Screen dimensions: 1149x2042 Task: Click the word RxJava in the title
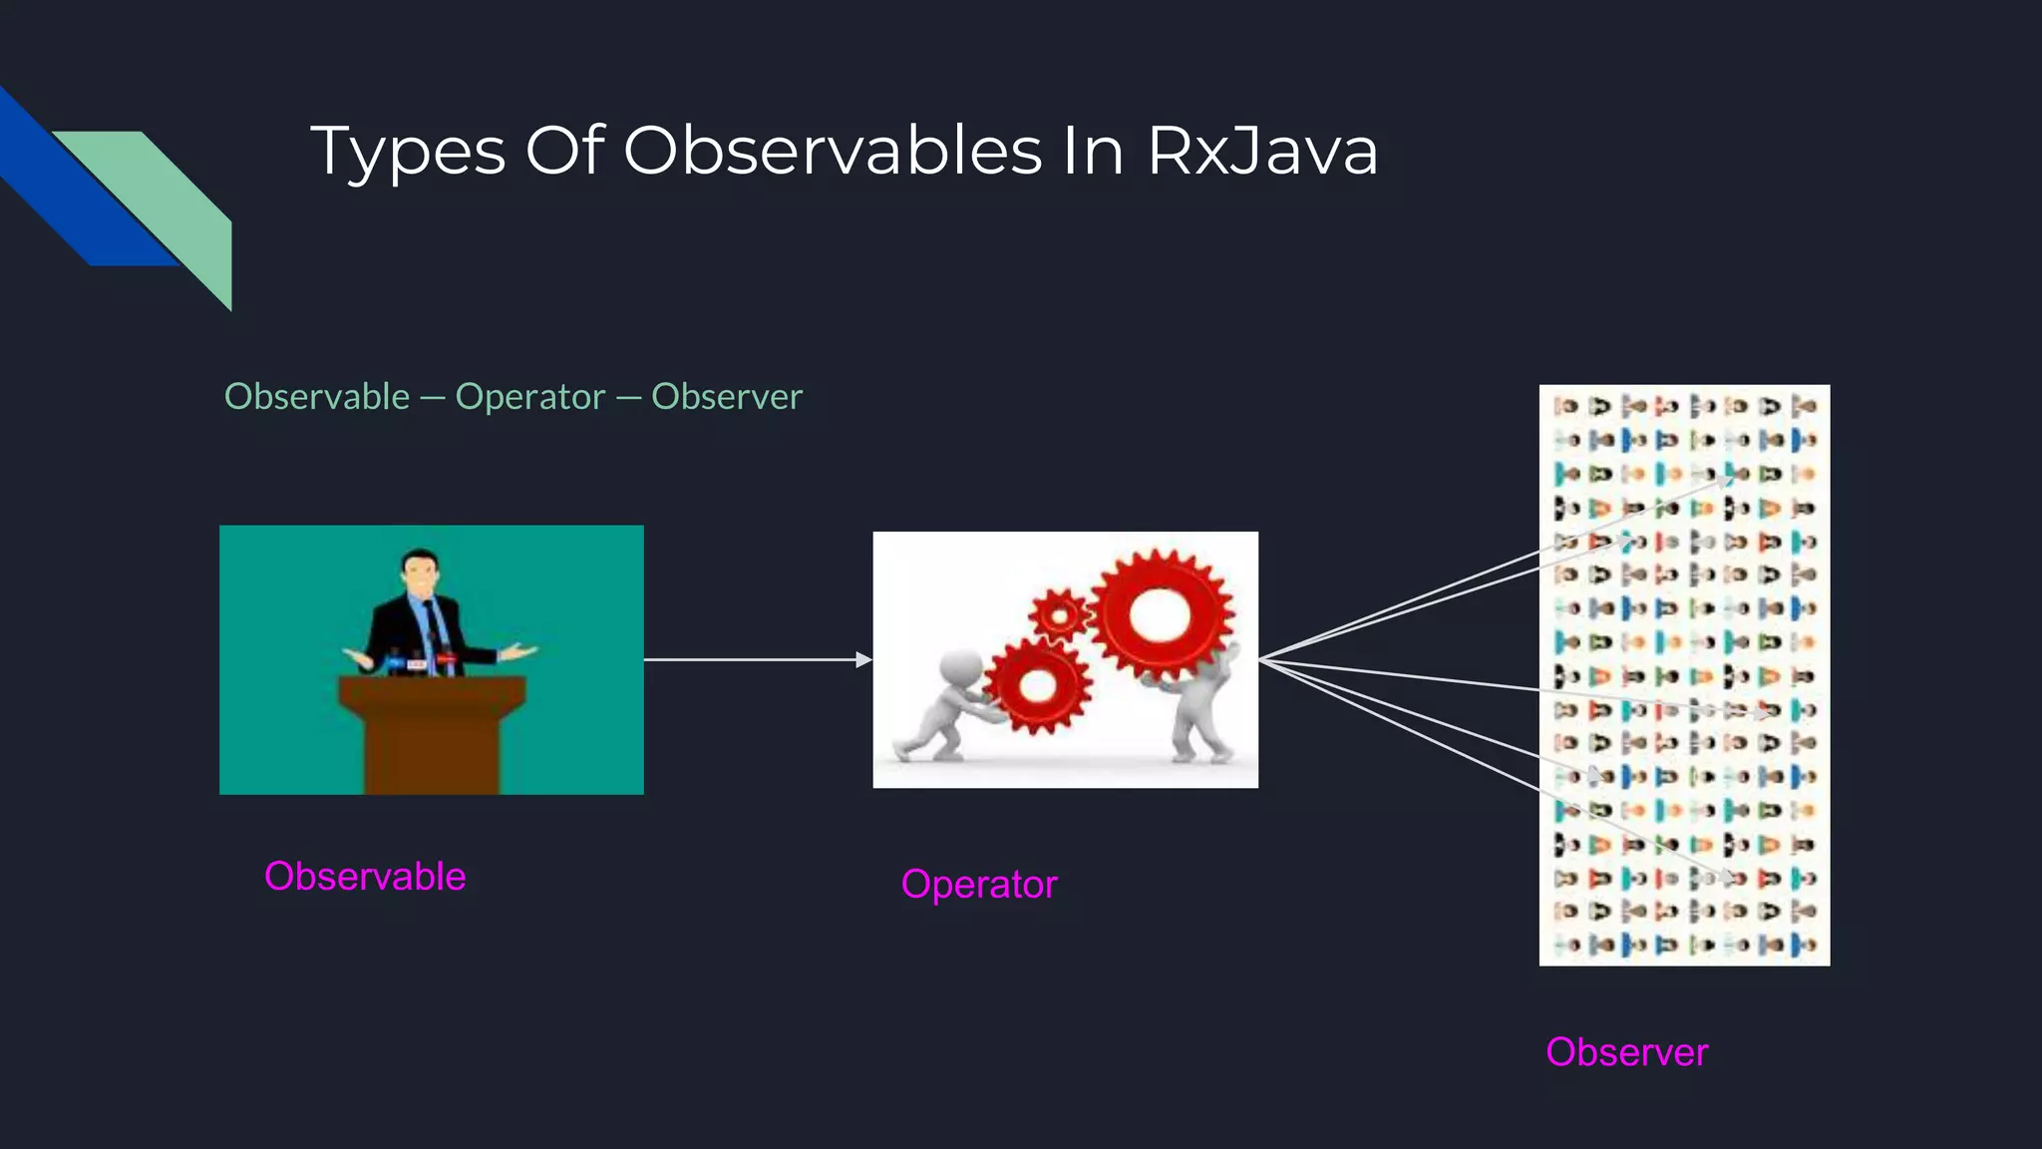coord(1262,152)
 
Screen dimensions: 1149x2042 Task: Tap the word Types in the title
coord(408,152)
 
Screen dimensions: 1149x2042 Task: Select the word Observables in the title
coord(833,152)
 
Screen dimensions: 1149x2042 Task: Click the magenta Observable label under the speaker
coord(365,876)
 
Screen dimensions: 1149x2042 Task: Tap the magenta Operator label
coord(978,885)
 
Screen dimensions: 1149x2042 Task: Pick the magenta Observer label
coord(1626,1052)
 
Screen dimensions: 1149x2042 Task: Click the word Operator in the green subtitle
coord(529,397)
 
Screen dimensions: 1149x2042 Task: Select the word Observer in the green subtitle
coord(726,397)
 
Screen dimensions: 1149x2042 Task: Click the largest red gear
coord(1160,613)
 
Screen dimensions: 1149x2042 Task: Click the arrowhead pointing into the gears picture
coord(863,659)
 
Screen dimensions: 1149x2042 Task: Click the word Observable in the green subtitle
coord(317,397)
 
